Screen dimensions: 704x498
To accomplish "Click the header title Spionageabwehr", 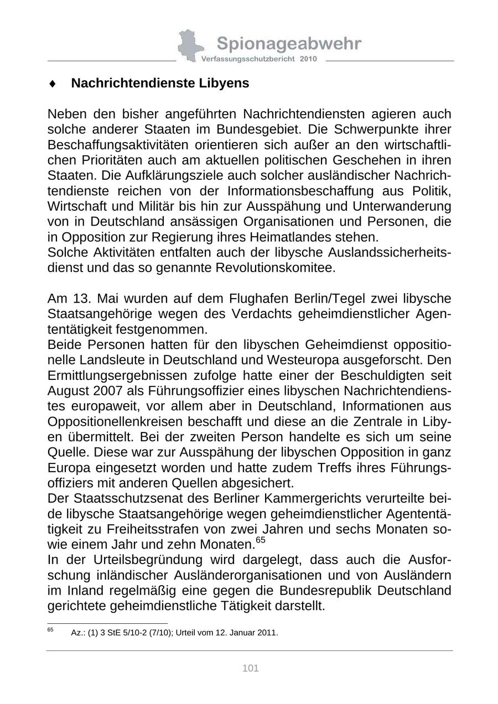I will click(x=289, y=44).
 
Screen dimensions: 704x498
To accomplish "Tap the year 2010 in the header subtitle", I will click(x=308, y=59).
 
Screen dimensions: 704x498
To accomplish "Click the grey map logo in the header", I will click(x=188, y=45).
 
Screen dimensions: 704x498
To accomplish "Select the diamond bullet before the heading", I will click(x=53, y=84).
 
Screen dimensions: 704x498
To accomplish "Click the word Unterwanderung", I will click(x=406, y=206).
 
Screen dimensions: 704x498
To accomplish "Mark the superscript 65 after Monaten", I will click(x=260, y=539).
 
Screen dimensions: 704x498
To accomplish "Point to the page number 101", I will click(x=251, y=669).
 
